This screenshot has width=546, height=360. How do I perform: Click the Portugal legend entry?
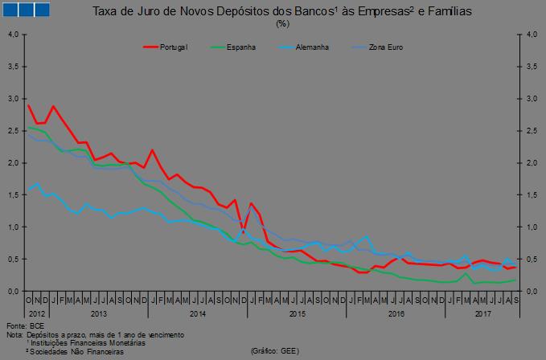[x=173, y=47]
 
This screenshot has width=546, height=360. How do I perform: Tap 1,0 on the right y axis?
[x=532, y=227]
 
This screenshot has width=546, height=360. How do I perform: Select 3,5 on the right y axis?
[x=532, y=67]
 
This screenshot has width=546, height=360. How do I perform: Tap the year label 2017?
[x=483, y=313]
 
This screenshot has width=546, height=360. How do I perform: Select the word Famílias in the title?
[x=445, y=12]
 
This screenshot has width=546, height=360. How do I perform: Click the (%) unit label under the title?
[x=282, y=23]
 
